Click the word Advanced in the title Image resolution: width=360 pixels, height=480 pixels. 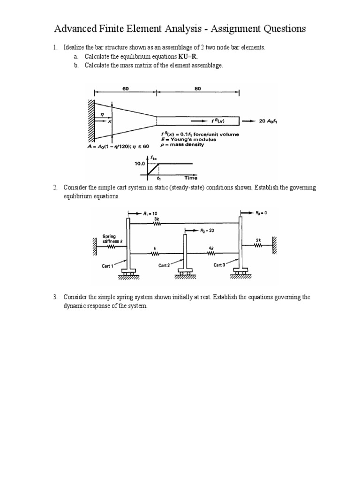[78, 30]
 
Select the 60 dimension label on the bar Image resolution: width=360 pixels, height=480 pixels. [126, 88]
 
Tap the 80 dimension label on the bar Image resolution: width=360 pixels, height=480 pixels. [198, 88]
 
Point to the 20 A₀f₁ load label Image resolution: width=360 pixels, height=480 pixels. [269, 120]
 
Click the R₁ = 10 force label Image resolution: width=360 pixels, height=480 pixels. [151, 213]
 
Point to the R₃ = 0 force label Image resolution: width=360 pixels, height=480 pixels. [260, 213]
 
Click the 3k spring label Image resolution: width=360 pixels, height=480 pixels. [156, 218]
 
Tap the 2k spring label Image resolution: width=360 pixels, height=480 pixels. [258, 240]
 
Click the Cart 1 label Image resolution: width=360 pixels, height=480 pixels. [108, 266]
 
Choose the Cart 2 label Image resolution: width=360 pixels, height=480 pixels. [165, 265]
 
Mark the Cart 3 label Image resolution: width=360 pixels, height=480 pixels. [219, 265]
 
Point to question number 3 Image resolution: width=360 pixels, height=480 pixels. [55, 297]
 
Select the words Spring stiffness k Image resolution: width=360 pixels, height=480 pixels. [111, 239]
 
